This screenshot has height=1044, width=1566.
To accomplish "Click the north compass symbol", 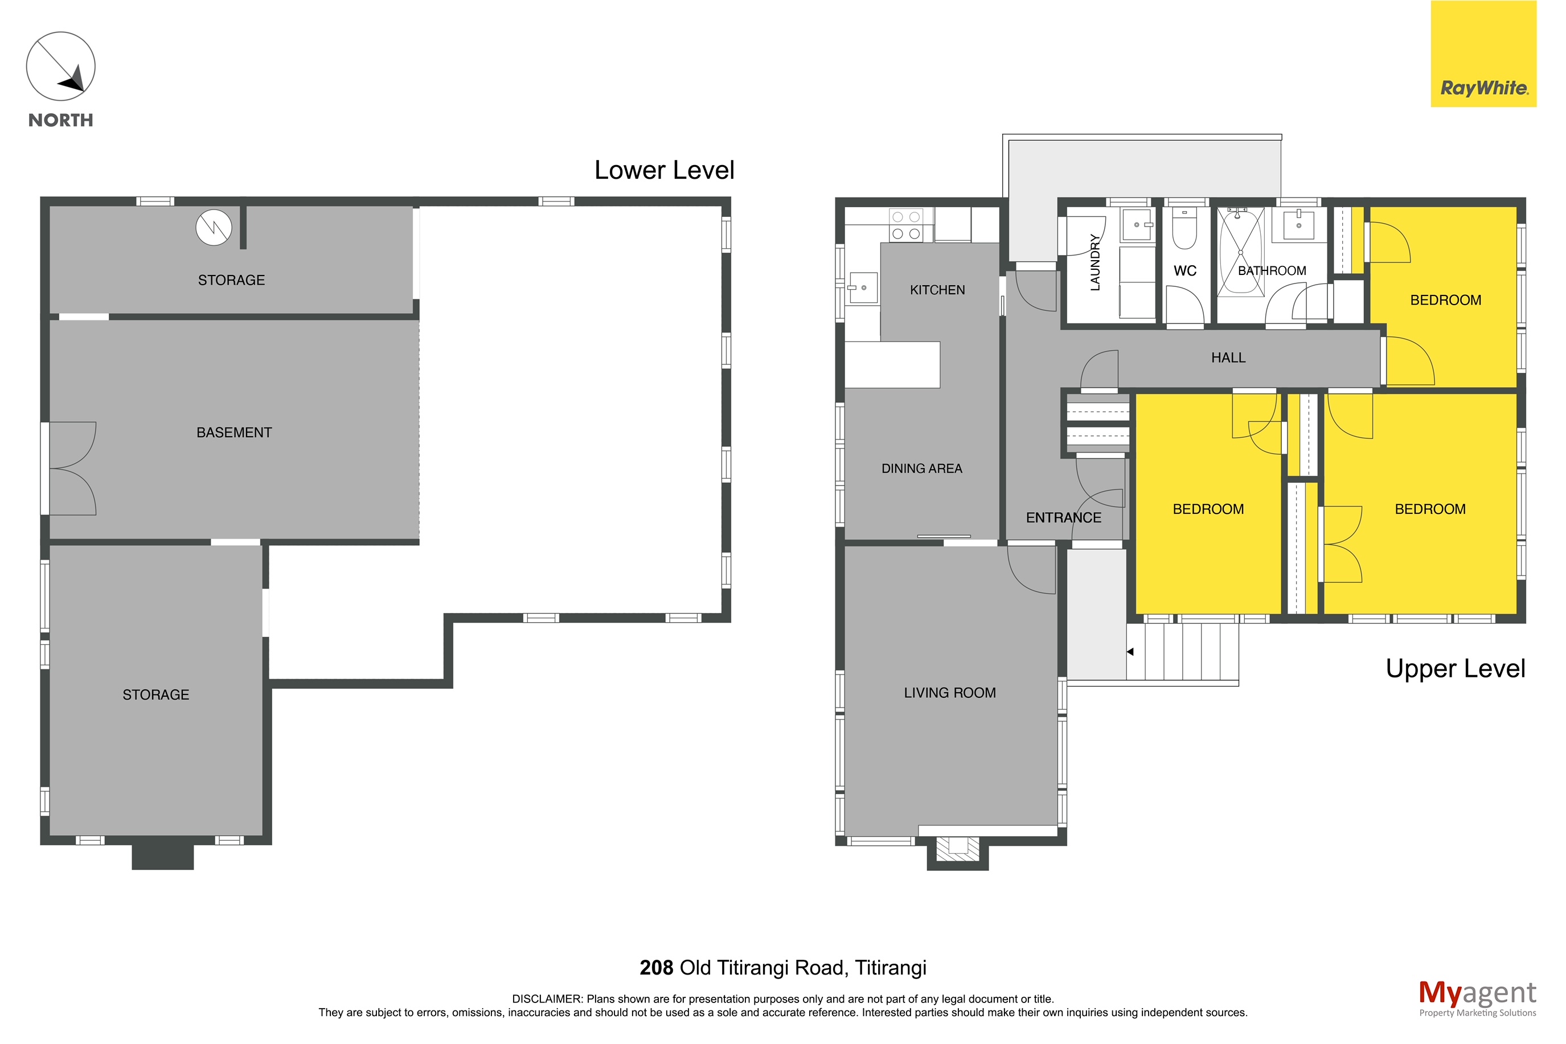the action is point(60,67).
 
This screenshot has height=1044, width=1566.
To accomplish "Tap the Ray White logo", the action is point(1483,54).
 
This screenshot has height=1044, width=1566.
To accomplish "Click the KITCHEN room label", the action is point(937,290).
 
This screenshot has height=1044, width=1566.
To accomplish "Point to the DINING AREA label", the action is point(922,468).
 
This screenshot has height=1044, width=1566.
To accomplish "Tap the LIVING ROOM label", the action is point(950,693).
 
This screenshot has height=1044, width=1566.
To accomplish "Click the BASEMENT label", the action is point(234,433).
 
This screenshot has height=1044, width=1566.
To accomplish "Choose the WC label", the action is point(1185,271).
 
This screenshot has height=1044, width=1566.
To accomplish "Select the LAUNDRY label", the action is point(1095,262).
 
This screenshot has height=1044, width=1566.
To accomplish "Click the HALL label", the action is point(1228,358).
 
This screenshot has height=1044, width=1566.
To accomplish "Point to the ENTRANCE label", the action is point(1064,518).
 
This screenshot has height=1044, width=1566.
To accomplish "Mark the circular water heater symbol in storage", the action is point(214,227).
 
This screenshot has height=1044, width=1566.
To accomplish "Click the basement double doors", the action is point(72,468).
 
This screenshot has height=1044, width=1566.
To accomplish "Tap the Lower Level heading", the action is point(664,170).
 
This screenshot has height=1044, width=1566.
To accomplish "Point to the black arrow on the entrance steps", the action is point(1130,652).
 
